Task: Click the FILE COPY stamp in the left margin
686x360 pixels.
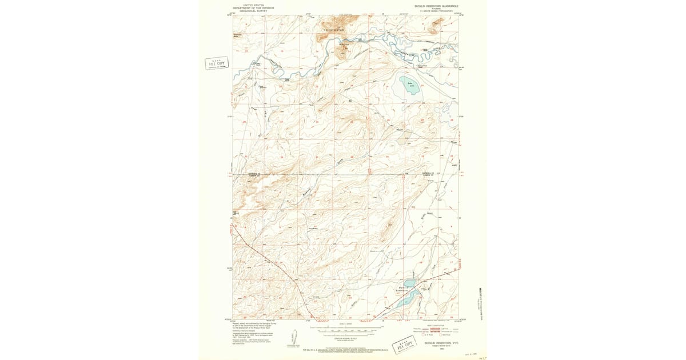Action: (216, 63)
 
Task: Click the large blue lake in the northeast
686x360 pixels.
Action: (409, 86)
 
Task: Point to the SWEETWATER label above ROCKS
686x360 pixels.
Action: (335, 29)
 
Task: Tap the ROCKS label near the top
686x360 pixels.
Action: (344, 44)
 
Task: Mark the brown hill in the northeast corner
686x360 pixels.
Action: (438, 23)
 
